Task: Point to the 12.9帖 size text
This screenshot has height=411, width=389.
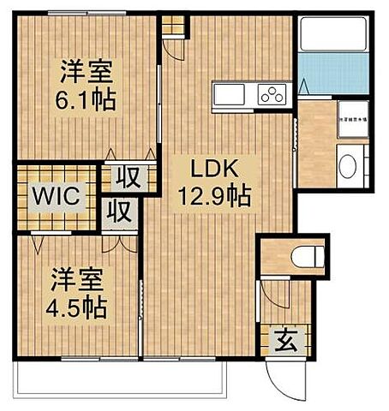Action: [x=214, y=197]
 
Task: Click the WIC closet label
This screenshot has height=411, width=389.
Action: [x=56, y=196]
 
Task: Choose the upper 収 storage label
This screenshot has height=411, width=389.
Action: [x=129, y=179]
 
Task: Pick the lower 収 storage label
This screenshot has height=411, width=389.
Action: [x=120, y=211]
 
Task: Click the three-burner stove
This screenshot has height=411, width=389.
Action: [x=272, y=95]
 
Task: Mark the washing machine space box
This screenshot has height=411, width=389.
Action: [x=351, y=121]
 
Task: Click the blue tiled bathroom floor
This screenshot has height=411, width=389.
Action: [x=333, y=74]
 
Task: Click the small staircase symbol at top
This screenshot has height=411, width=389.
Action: [x=173, y=26]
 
